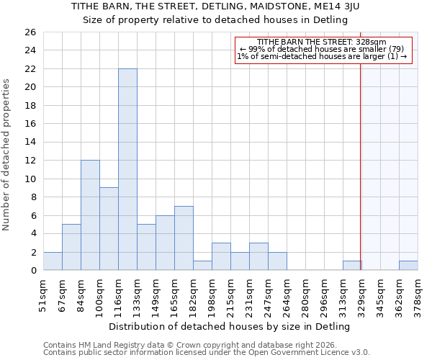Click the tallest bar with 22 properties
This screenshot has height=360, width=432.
coord(127,169)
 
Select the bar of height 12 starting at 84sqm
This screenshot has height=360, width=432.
coord(90,215)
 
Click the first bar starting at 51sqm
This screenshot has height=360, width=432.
coord(53,261)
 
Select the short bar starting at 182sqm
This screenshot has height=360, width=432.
coord(202,266)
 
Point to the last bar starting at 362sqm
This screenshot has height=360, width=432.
coord(408,266)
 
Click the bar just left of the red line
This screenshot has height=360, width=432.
coord(352,266)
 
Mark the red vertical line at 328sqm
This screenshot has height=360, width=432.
coord(361,158)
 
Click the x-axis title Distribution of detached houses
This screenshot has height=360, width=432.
coord(230,327)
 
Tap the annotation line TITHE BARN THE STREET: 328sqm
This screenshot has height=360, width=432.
coord(322,42)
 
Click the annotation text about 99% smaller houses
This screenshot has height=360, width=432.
coord(322,49)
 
